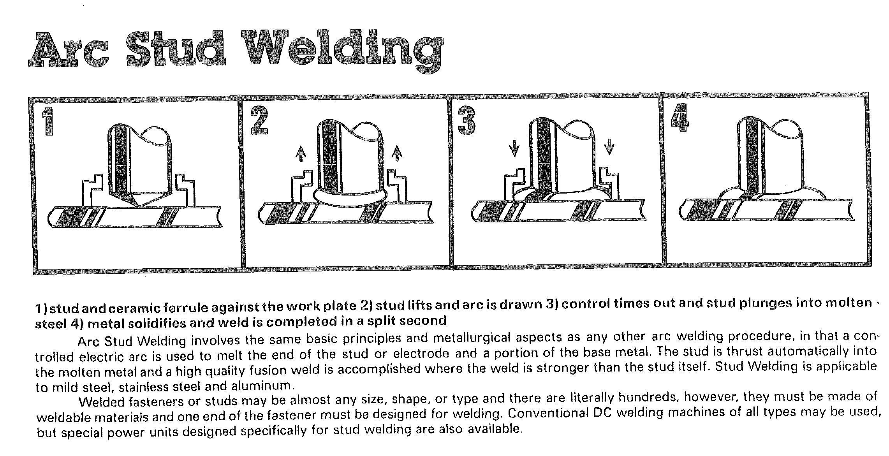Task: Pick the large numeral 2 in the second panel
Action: pyautogui.click(x=259, y=121)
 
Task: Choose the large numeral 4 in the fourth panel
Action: pyautogui.click(x=680, y=117)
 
